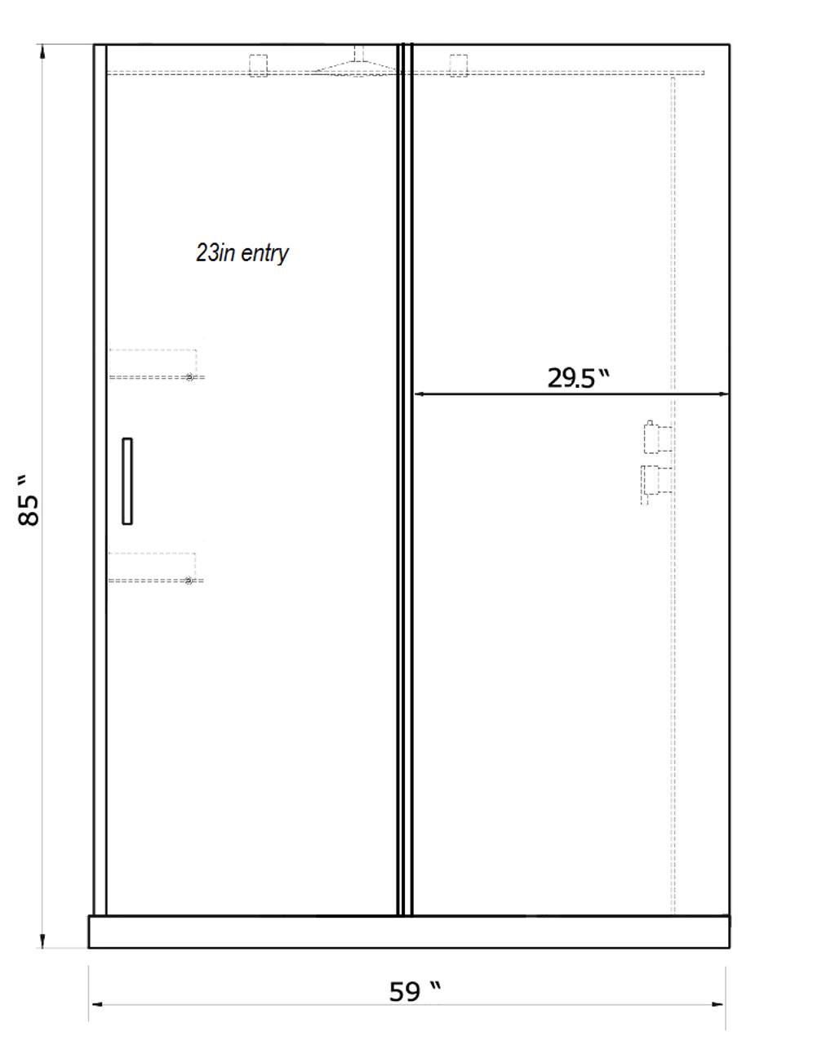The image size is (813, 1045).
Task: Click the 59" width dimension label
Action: (x=415, y=991)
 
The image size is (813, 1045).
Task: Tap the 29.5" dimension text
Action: (x=578, y=377)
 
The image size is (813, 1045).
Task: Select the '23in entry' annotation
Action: (x=242, y=253)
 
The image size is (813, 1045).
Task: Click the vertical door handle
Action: (x=127, y=481)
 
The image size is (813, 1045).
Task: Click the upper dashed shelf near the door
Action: (x=157, y=364)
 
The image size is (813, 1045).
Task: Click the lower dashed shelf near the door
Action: (x=156, y=567)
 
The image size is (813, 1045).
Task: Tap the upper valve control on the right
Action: (x=658, y=437)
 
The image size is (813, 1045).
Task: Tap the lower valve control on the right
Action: (x=656, y=484)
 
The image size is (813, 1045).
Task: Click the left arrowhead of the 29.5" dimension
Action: (x=419, y=394)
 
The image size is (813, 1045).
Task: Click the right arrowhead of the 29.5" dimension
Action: (x=723, y=394)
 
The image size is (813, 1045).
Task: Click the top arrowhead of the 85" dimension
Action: (x=42, y=51)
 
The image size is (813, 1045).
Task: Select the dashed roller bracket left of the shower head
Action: (x=258, y=66)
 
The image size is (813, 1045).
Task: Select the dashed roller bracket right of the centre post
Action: (x=458, y=66)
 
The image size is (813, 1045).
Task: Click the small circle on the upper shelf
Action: (x=189, y=377)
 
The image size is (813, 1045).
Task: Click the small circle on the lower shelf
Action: (x=189, y=581)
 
